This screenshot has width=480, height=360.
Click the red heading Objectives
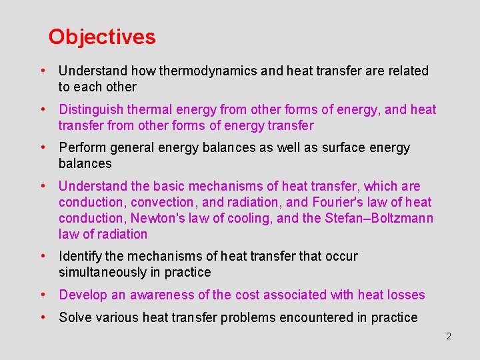click(102, 37)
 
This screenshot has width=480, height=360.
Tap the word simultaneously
click(107, 273)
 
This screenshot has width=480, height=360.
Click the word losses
click(405, 295)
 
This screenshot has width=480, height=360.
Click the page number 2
click(449, 337)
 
